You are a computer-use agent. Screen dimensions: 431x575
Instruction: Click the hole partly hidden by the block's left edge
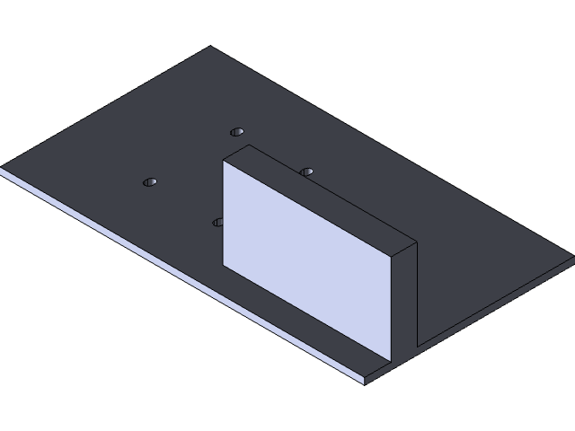217,221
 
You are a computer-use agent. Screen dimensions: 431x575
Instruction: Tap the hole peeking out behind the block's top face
307,171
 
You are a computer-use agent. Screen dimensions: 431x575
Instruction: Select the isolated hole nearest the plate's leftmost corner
150,182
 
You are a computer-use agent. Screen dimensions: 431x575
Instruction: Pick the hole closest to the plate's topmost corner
237,132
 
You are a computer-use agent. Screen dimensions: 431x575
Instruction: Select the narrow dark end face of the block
406,301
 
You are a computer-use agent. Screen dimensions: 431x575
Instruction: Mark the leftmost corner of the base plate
2,168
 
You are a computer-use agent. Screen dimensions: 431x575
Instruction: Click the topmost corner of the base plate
211,47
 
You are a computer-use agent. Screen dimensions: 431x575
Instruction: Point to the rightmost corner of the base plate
573,258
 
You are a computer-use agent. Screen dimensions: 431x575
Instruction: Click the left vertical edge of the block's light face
223,215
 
